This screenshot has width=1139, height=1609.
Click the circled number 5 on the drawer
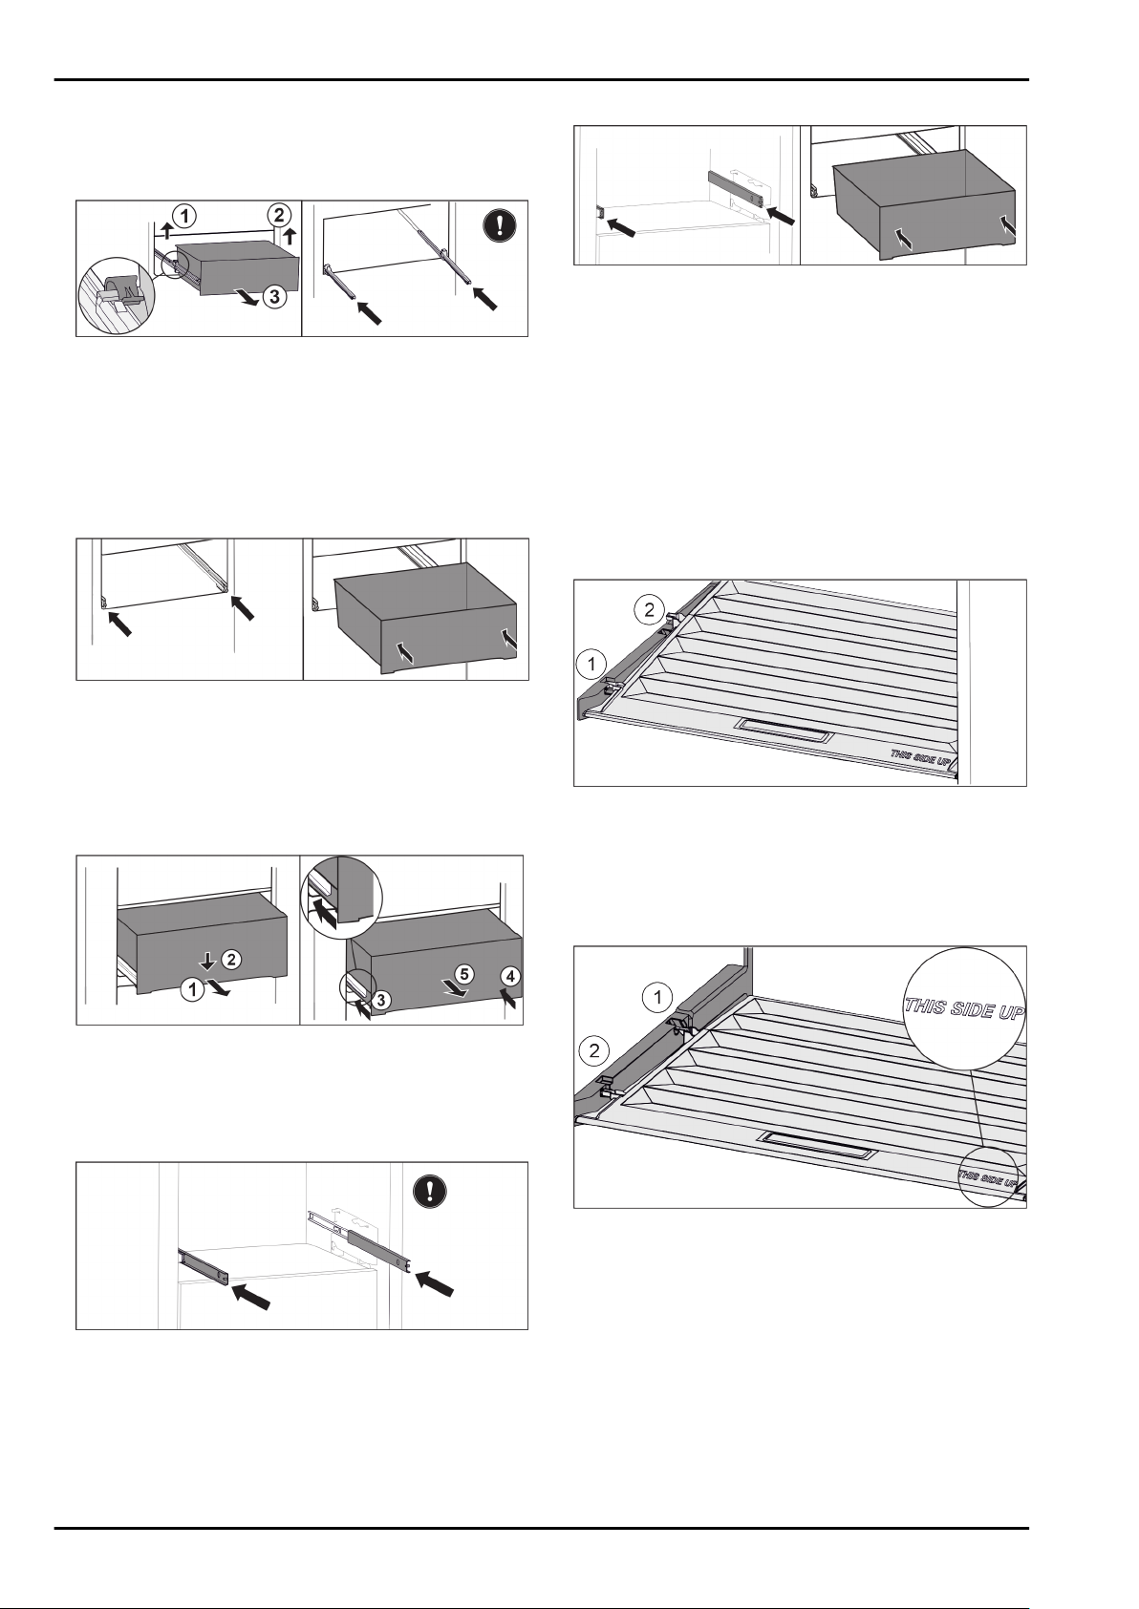point(462,975)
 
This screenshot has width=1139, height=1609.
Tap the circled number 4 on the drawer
point(510,977)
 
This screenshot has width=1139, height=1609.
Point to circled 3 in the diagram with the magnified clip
point(272,297)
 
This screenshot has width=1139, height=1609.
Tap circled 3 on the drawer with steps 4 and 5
point(381,999)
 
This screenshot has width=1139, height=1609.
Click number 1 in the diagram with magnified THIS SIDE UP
point(656,998)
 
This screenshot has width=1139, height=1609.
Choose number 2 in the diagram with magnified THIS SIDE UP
point(594,1051)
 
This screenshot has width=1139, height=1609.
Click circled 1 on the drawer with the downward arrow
point(193,991)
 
